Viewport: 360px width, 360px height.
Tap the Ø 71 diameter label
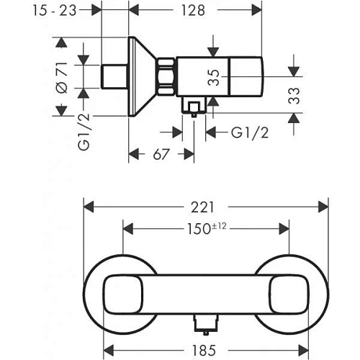pos(62,76)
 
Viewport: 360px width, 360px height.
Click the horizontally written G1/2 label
pos(248,132)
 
